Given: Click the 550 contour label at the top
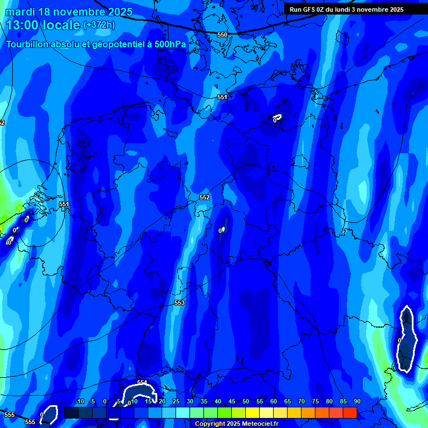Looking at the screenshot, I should [222, 35].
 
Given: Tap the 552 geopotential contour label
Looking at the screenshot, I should [205, 197].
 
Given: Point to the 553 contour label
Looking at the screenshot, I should [179, 303].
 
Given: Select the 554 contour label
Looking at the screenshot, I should [142, 382].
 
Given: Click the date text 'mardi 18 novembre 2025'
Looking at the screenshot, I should [69, 12].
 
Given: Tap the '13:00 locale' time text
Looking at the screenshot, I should [43, 25].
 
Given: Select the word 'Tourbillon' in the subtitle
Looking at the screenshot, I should [28, 44].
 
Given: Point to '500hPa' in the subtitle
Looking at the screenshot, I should [171, 44].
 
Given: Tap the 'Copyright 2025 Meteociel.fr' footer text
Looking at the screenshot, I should [236, 424].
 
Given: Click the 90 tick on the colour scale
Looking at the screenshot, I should [357, 401].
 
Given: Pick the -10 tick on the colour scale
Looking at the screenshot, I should [80, 401].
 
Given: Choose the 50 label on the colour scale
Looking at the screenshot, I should [246, 401].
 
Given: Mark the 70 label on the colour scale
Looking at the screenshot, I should [301, 401].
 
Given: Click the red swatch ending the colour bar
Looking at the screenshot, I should [349, 412].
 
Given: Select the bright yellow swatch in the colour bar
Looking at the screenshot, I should [252, 412].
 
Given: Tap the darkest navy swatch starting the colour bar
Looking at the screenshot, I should [71, 412].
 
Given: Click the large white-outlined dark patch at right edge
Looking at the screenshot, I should [407, 339].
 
